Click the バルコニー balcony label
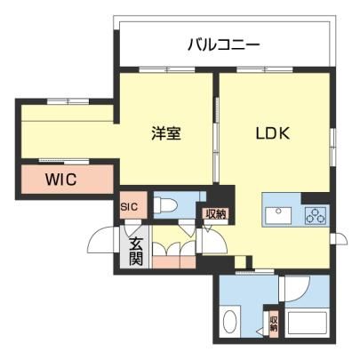click(x=224, y=45)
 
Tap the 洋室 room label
click(x=166, y=133)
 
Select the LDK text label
click(x=273, y=133)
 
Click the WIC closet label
click(x=61, y=179)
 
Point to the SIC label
click(x=129, y=206)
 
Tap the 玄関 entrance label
click(x=136, y=252)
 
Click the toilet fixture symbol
click(x=165, y=205)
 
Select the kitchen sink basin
click(x=278, y=215)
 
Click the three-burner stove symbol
click(x=316, y=215)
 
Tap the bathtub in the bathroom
click(x=307, y=324)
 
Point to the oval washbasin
click(x=229, y=322)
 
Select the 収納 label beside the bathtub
click(x=274, y=324)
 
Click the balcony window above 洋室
click(x=167, y=70)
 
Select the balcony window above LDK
click(x=265, y=70)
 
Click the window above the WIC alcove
click(x=68, y=101)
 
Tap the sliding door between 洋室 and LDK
click(x=216, y=140)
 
